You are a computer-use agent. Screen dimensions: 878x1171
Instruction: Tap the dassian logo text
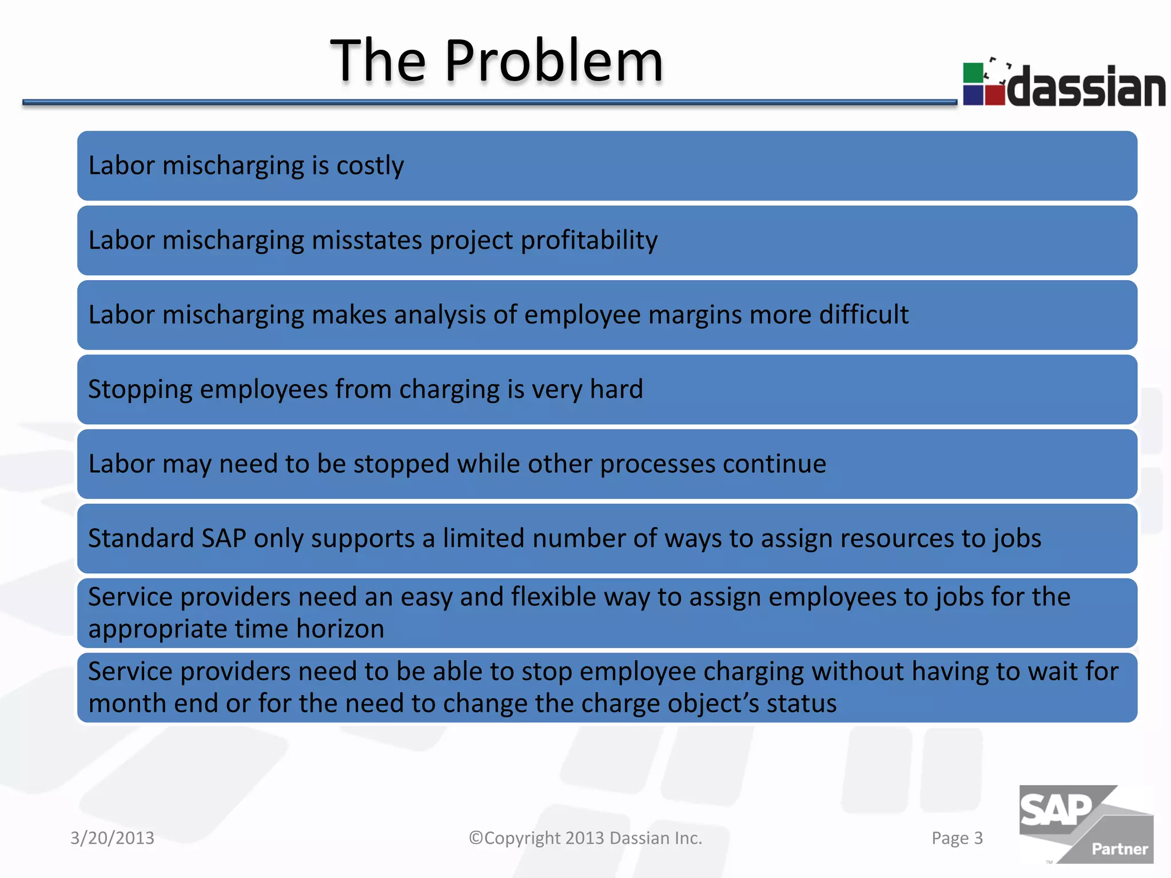(1086, 87)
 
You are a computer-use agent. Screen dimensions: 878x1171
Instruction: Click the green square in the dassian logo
(973, 73)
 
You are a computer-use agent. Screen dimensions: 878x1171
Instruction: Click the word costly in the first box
(370, 166)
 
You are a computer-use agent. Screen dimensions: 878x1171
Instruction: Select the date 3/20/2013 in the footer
(112, 838)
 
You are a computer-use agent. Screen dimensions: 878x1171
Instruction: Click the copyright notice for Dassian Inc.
(585, 838)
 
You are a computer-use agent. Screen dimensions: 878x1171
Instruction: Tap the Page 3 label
(957, 838)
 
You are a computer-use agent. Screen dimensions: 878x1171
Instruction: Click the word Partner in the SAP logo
(1119, 849)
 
